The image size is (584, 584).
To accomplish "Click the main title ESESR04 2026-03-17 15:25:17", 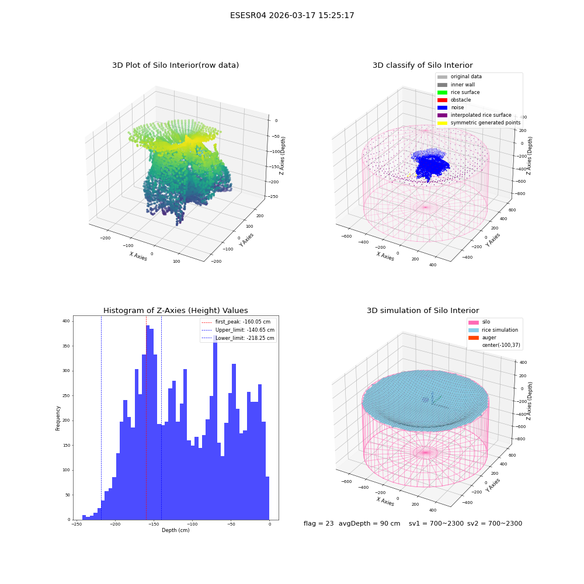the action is [x=292, y=15].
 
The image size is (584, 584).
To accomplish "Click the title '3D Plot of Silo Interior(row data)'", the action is [x=175, y=65].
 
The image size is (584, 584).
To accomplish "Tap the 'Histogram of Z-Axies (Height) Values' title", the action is [x=175, y=310].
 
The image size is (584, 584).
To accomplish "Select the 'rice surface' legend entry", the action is [x=458, y=92].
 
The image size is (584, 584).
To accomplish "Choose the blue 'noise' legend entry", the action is [x=451, y=107].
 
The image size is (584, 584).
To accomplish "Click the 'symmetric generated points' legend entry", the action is [x=479, y=123].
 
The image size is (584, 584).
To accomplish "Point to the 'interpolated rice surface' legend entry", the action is [x=474, y=115].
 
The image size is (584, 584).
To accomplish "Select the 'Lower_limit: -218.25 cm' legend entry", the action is [x=238, y=338].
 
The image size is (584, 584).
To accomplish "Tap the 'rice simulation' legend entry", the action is [x=493, y=330].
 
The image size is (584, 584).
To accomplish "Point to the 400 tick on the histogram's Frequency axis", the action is [x=66, y=321].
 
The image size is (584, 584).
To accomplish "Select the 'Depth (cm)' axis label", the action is [x=175, y=530].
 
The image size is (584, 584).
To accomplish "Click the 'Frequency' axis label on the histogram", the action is [x=58, y=418].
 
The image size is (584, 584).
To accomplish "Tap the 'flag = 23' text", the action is [x=318, y=523].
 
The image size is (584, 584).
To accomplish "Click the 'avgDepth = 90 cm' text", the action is [x=369, y=523].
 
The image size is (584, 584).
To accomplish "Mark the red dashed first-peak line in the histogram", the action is [x=146, y=418].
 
